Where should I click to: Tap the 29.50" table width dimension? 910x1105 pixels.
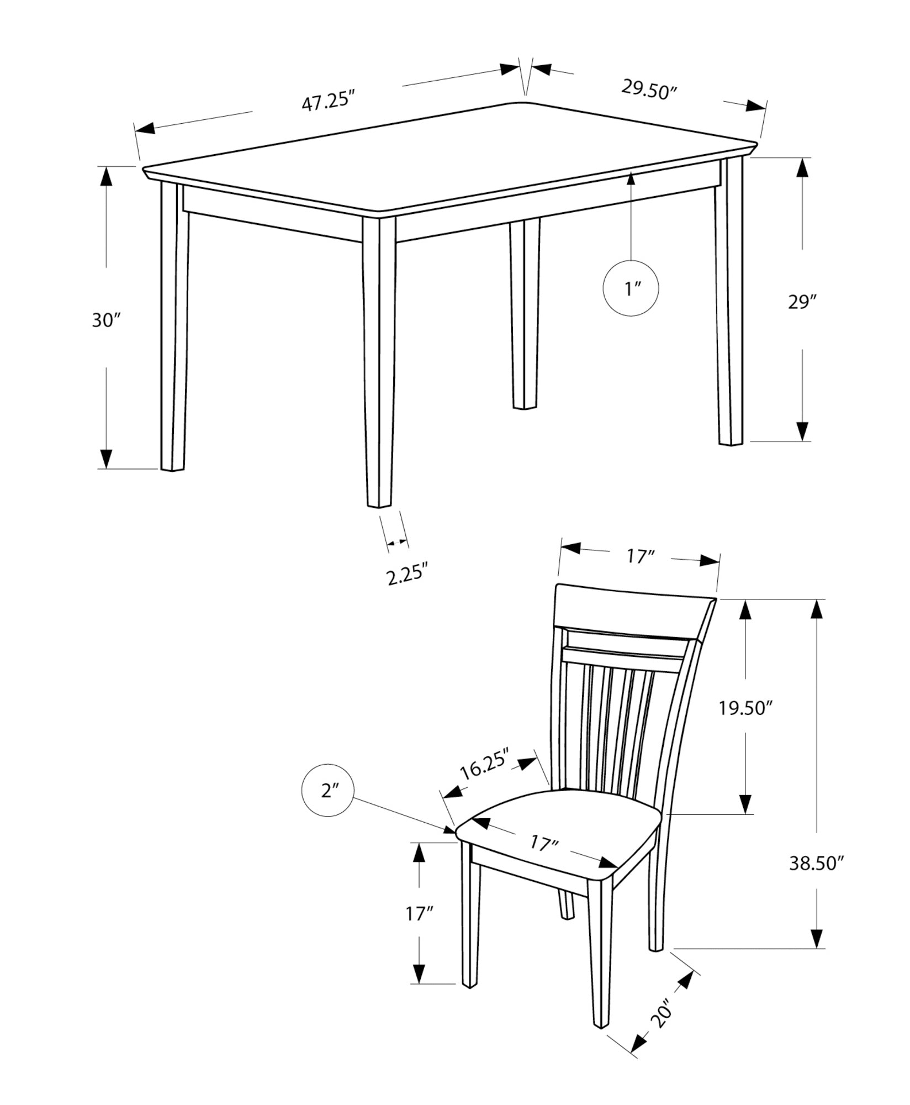pos(649,89)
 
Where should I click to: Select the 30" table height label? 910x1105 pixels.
pos(106,320)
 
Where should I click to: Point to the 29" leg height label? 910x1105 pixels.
pos(802,302)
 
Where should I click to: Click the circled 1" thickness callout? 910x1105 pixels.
pos(631,288)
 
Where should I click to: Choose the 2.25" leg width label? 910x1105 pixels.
pos(407,575)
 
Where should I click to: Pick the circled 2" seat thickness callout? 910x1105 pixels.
pos(329,791)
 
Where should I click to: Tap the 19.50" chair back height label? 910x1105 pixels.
pos(745,708)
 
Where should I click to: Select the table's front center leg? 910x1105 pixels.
pos(379,359)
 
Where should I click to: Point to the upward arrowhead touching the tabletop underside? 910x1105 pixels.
pos(631,179)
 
